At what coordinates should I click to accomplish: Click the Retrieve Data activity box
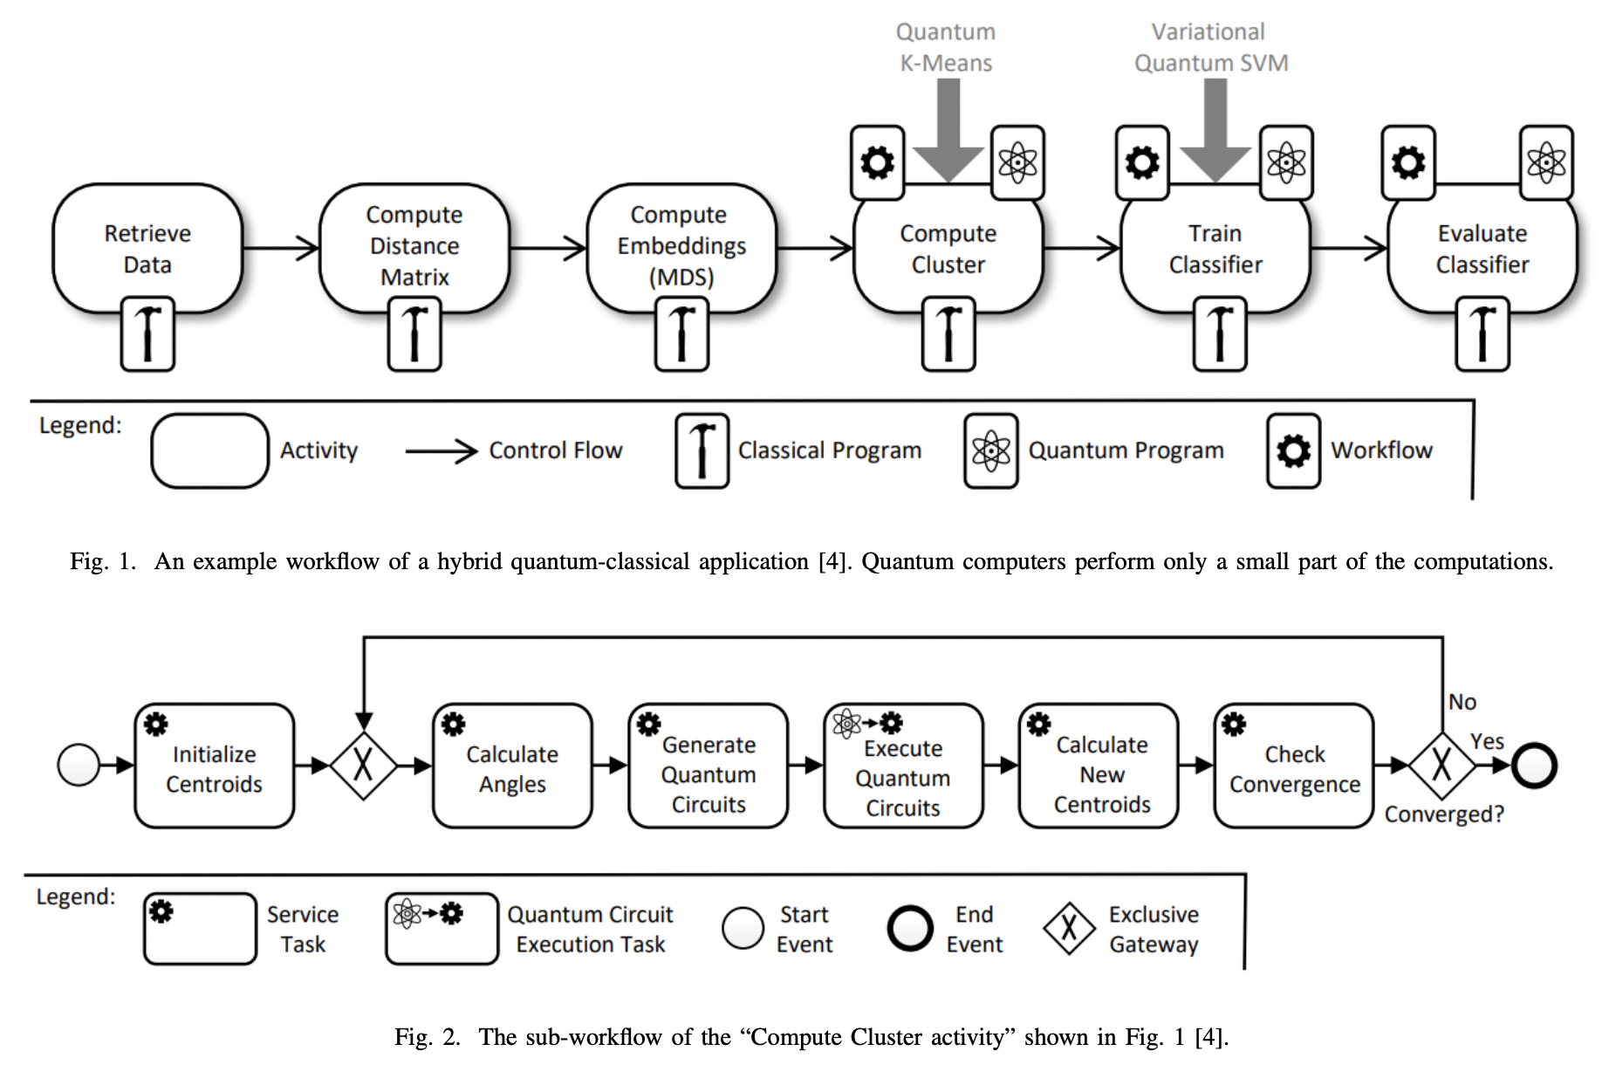click(x=147, y=248)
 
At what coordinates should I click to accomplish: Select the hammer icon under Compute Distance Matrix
click(x=414, y=334)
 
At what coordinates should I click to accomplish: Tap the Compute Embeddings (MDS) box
click(x=681, y=245)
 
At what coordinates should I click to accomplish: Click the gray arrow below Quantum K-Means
click(x=948, y=131)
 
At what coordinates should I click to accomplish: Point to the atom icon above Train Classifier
click(x=1285, y=162)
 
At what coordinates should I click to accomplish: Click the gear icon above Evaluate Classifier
click(x=1407, y=162)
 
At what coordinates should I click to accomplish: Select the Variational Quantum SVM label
click(x=1210, y=47)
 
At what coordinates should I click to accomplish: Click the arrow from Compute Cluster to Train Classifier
click(x=1082, y=248)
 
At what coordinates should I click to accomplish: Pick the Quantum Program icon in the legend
click(x=990, y=450)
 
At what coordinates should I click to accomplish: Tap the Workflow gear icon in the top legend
click(x=1293, y=450)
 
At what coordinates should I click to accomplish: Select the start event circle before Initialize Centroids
click(x=79, y=765)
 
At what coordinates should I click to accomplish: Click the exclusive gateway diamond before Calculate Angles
click(x=363, y=766)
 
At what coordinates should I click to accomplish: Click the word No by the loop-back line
click(x=1462, y=702)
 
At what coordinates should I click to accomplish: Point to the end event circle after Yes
click(x=1534, y=766)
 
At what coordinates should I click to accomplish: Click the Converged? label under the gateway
click(x=1444, y=814)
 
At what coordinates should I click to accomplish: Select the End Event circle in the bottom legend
click(x=910, y=927)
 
